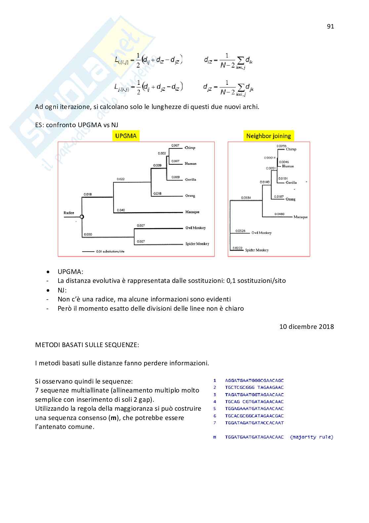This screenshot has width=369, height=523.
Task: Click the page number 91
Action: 330,26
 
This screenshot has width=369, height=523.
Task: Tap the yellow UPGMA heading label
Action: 126,136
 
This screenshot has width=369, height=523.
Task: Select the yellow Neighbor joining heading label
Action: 268,136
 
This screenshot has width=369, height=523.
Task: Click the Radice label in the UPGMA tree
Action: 69,213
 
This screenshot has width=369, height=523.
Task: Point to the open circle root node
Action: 82,217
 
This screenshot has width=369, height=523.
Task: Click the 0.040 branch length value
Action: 121,210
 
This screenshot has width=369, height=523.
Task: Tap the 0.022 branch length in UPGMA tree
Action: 121,179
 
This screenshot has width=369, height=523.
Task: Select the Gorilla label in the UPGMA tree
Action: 190,180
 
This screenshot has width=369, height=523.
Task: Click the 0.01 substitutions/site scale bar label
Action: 110,251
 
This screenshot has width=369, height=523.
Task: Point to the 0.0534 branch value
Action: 246,198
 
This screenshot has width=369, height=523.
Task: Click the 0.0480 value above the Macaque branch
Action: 279,214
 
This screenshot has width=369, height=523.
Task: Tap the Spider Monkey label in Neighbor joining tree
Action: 257,250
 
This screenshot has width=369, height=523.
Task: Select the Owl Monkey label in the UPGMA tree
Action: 195,228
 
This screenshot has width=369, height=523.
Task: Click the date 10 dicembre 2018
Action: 307,327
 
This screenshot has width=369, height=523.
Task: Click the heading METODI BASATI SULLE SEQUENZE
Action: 87,345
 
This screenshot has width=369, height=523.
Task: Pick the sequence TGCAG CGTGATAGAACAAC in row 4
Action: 254,401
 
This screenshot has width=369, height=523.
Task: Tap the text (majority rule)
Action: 311,437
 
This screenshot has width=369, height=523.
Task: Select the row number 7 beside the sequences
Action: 215,423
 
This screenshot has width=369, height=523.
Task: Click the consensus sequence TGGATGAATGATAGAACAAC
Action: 254,437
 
